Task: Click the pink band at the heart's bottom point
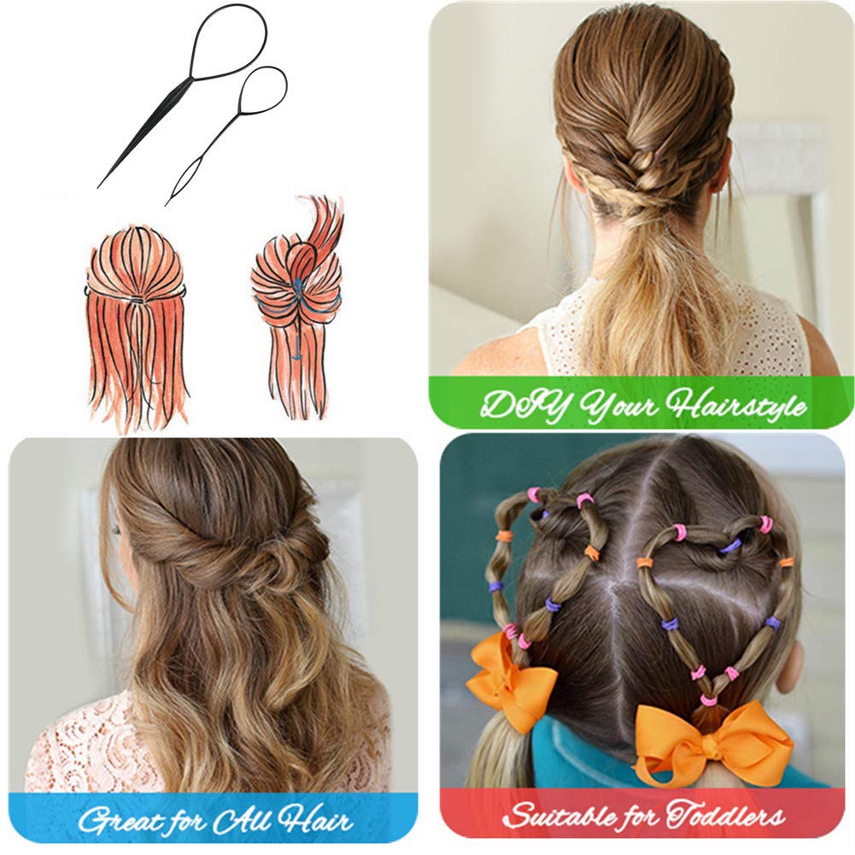(x=708, y=700)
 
